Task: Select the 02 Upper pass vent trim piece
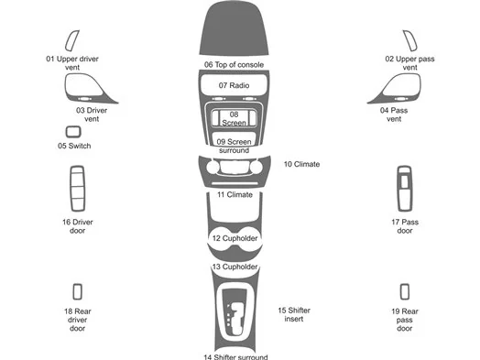(408, 40)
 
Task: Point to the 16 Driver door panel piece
(77, 189)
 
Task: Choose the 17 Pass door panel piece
(405, 189)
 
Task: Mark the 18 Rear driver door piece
(77, 291)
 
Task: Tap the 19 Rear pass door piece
(405, 291)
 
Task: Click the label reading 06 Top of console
(235, 65)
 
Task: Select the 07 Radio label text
(234, 85)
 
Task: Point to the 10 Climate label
(301, 164)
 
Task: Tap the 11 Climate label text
(235, 194)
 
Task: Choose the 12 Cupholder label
(235, 238)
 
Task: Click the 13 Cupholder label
(235, 267)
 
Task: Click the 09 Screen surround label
(235, 146)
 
